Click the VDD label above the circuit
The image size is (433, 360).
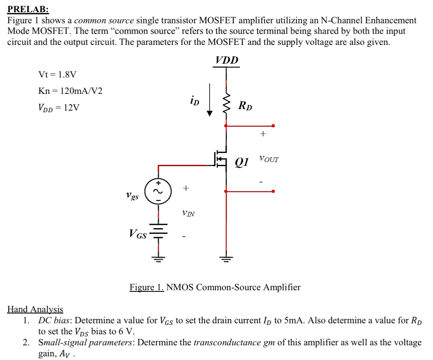(x=227, y=60)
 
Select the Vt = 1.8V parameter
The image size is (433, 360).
(x=57, y=75)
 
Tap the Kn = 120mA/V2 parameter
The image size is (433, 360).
(x=70, y=91)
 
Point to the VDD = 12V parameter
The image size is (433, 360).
(x=59, y=108)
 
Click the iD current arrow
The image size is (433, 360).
(x=210, y=100)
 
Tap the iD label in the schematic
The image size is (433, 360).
(x=194, y=100)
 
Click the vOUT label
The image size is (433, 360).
(x=269, y=159)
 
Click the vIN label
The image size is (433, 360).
(x=188, y=213)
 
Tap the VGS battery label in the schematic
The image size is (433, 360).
(x=138, y=234)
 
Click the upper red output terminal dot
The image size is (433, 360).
(x=273, y=126)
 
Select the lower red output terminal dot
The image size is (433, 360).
(x=273, y=191)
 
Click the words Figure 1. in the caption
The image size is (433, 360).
(x=146, y=287)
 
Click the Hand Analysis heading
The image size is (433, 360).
(x=35, y=309)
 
